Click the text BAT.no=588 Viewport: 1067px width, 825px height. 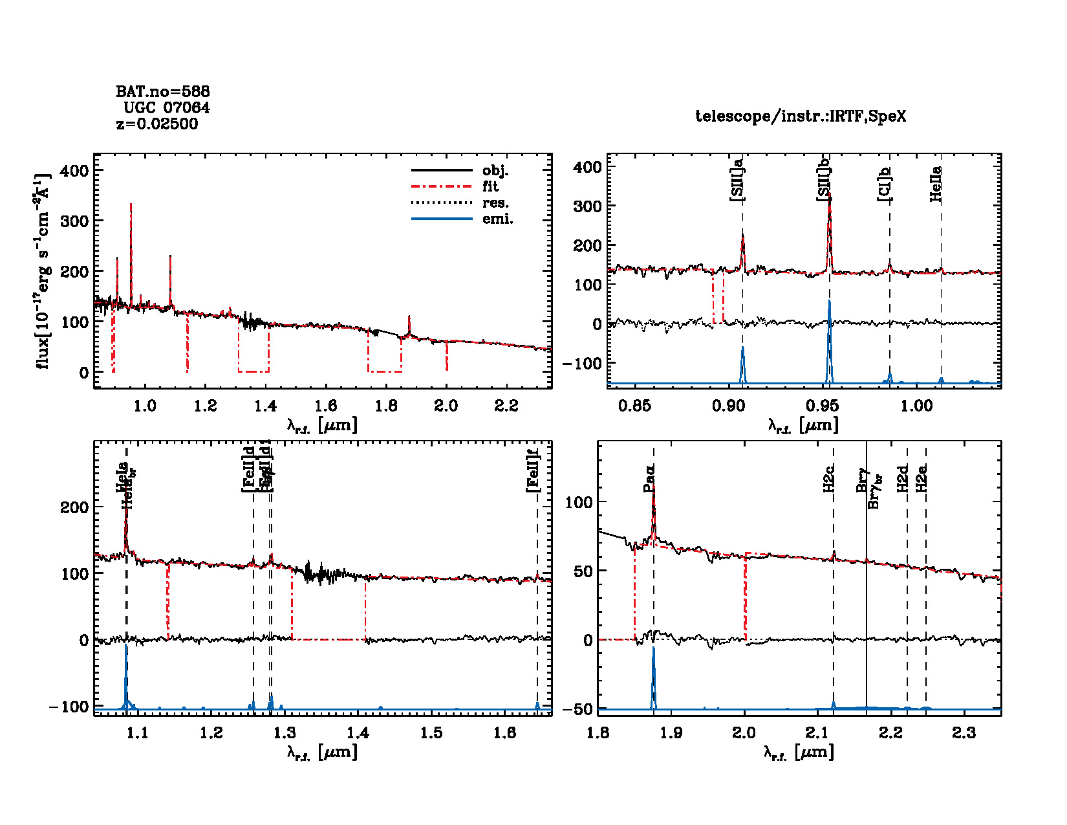click(x=162, y=91)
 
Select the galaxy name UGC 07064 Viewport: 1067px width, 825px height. click(x=166, y=107)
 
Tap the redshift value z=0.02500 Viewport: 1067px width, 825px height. click(x=157, y=124)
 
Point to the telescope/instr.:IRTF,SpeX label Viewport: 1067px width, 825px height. click(x=801, y=116)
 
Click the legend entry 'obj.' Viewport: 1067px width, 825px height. click(x=495, y=171)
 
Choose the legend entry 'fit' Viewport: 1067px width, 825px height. click(x=490, y=187)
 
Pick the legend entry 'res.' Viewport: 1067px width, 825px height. click(x=495, y=203)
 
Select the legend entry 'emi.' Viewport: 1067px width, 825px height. click(x=497, y=219)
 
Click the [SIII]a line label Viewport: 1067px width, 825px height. click(x=737, y=179)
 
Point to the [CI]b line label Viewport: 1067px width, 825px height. click(x=885, y=183)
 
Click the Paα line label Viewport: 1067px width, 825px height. click(x=649, y=478)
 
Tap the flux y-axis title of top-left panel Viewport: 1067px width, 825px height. click(x=43, y=271)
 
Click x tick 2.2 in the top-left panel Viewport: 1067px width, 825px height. click(x=506, y=406)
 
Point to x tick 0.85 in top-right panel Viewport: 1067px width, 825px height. click(x=634, y=406)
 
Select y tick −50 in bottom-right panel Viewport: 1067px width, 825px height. click(x=578, y=709)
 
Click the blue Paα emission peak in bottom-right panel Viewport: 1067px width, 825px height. click(x=654, y=649)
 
